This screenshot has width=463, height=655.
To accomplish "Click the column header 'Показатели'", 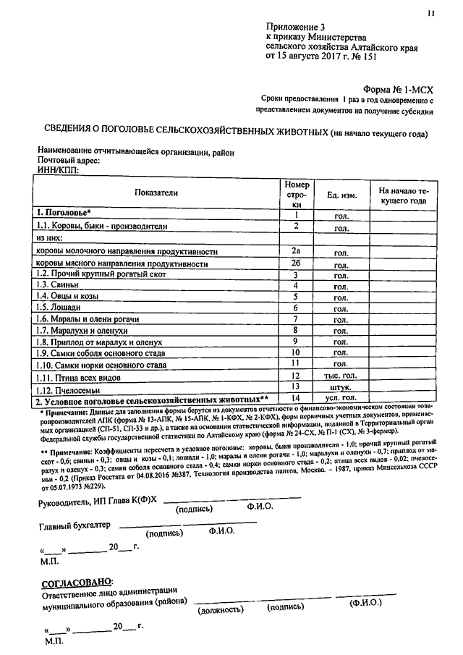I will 156,193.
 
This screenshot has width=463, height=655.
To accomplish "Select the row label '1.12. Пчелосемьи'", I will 68,389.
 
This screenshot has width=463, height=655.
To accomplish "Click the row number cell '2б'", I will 295,263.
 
